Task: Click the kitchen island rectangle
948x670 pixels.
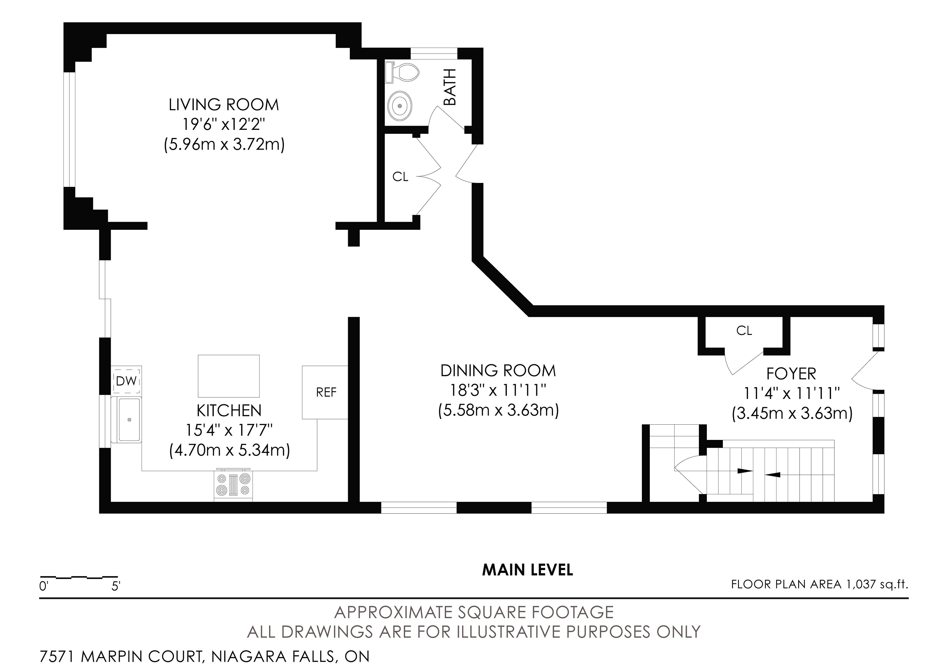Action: click(x=229, y=376)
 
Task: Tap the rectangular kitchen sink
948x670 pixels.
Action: click(x=129, y=419)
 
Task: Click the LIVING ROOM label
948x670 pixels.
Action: click(x=224, y=105)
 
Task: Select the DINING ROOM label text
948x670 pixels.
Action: click(x=498, y=371)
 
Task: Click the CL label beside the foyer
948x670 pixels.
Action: click(x=744, y=331)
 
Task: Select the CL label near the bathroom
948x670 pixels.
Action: click(x=400, y=177)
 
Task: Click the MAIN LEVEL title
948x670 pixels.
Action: click(x=528, y=570)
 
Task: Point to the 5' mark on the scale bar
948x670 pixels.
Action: click(x=116, y=586)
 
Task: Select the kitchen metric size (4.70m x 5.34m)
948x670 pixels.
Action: click(x=230, y=450)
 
